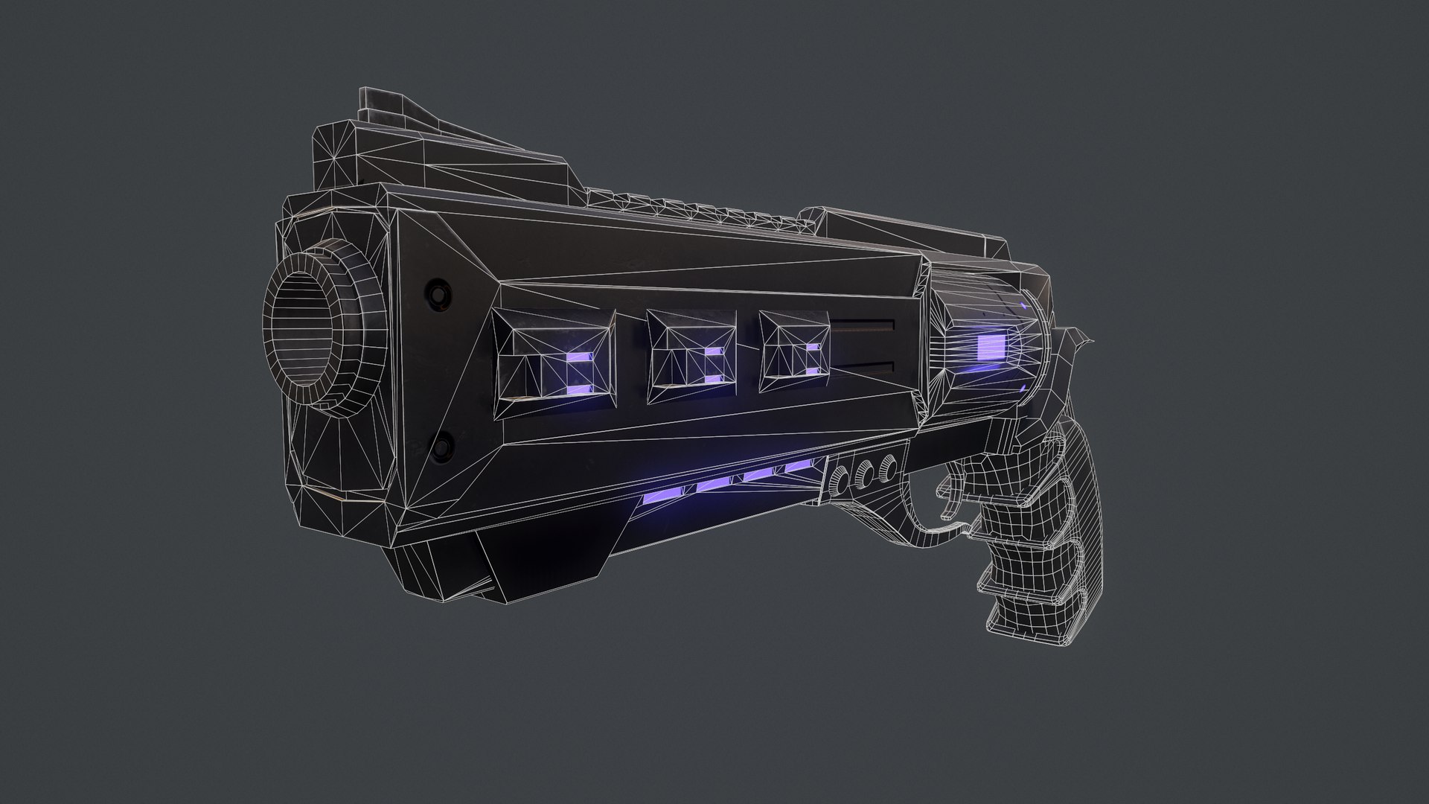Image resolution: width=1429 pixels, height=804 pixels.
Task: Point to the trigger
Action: (x=950, y=505)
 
